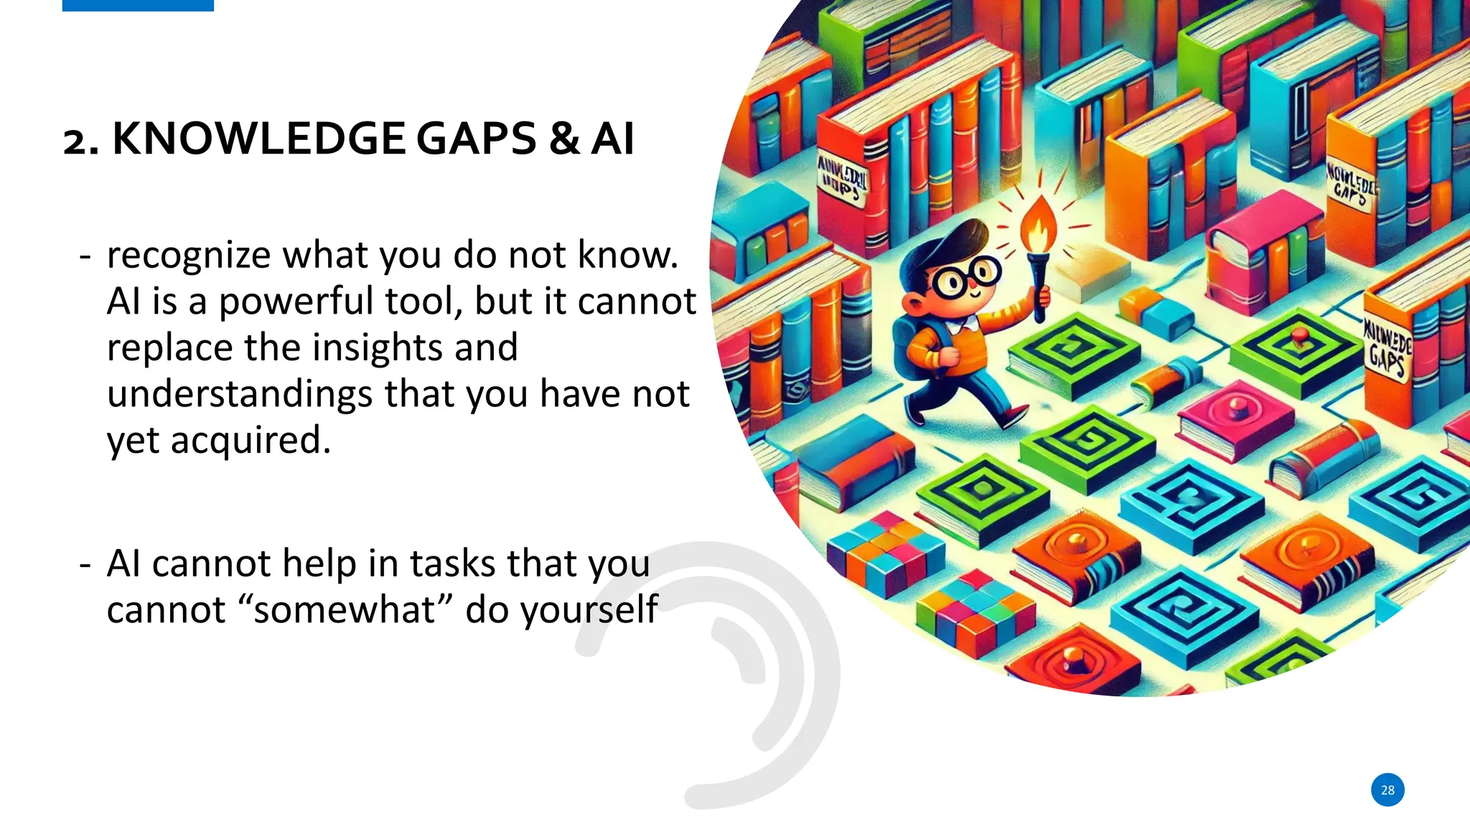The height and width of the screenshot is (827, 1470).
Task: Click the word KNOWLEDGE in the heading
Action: coord(259,139)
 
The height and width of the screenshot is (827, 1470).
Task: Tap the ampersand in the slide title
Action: coord(565,139)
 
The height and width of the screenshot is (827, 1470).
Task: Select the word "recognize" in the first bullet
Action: coord(189,256)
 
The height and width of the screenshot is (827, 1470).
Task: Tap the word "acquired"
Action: coord(251,441)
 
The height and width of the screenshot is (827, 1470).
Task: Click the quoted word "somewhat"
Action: coord(345,610)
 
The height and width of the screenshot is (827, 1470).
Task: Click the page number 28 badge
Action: coord(1387,790)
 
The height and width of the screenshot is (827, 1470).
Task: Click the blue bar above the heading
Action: coord(138,5)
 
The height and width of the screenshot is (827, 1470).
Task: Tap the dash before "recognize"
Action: coord(85,256)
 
